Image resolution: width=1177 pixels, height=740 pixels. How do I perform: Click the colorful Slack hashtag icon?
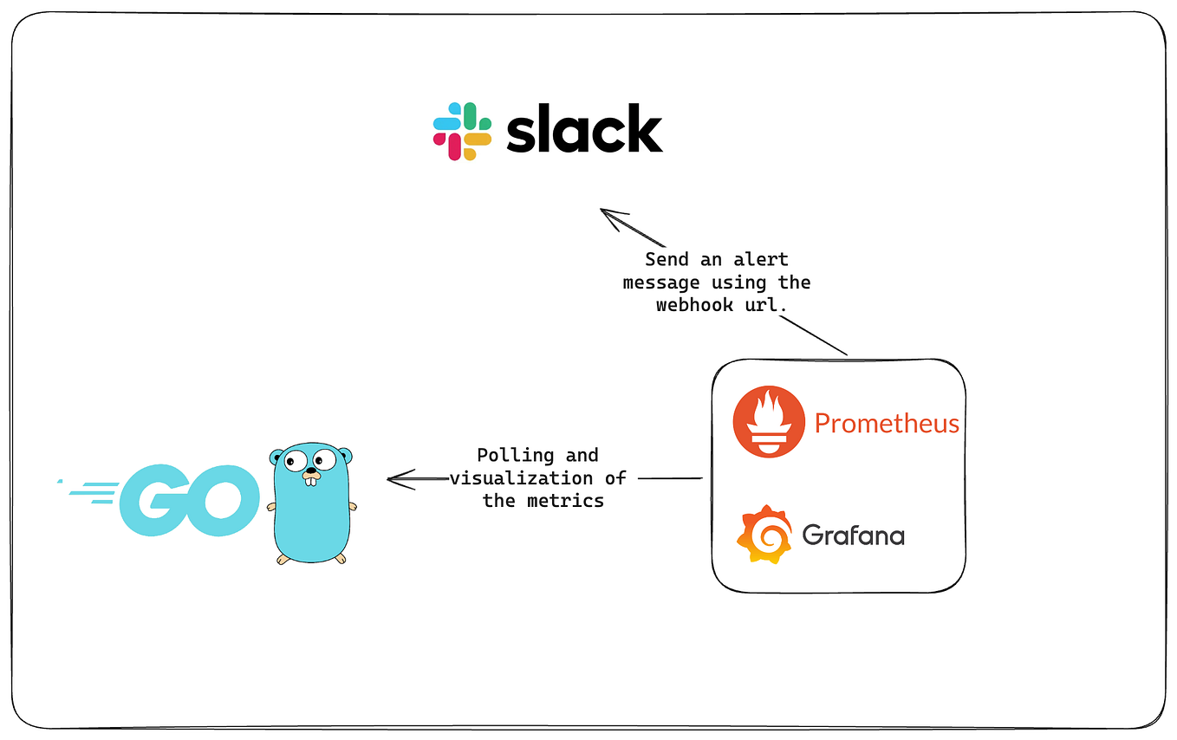[462, 132]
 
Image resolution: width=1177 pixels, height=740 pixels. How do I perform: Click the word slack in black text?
[584, 130]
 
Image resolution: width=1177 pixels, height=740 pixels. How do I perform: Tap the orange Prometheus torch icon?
[768, 422]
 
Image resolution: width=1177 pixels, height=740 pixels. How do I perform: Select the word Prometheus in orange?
[887, 424]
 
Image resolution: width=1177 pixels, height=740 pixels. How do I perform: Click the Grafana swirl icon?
[764, 534]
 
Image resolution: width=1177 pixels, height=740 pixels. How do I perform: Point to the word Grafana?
[853, 535]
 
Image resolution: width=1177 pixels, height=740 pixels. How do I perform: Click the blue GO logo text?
[190, 501]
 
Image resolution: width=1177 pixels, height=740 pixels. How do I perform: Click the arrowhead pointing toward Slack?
[610, 217]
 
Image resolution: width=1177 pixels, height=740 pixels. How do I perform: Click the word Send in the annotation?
[667, 259]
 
